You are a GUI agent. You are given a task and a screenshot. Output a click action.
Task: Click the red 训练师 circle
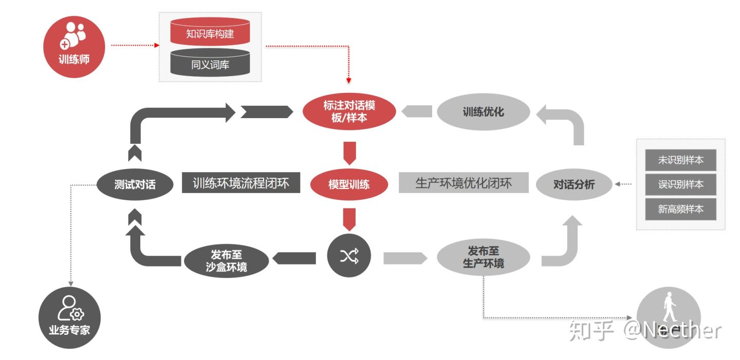click(x=74, y=47)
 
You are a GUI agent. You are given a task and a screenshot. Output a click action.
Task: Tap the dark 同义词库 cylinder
click(x=210, y=64)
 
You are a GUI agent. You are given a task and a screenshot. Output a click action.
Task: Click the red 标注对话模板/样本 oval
click(x=349, y=111)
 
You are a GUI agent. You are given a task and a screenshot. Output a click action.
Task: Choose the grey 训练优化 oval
click(x=483, y=111)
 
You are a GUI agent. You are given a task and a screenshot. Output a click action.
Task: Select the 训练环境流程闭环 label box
click(x=241, y=183)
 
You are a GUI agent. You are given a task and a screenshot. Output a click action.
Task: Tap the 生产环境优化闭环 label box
click(x=464, y=183)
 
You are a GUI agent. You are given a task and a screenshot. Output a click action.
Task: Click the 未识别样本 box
click(x=680, y=160)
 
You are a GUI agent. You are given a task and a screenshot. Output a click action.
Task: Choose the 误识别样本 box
click(x=680, y=184)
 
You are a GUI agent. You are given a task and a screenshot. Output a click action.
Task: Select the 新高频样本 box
click(x=680, y=209)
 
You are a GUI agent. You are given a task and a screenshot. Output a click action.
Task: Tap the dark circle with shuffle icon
click(x=349, y=256)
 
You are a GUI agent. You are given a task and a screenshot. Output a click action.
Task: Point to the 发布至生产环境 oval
click(x=483, y=257)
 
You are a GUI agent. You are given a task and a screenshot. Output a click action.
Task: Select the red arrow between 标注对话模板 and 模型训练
click(x=349, y=152)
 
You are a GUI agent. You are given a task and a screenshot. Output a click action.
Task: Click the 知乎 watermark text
click(x=591, y=331)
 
